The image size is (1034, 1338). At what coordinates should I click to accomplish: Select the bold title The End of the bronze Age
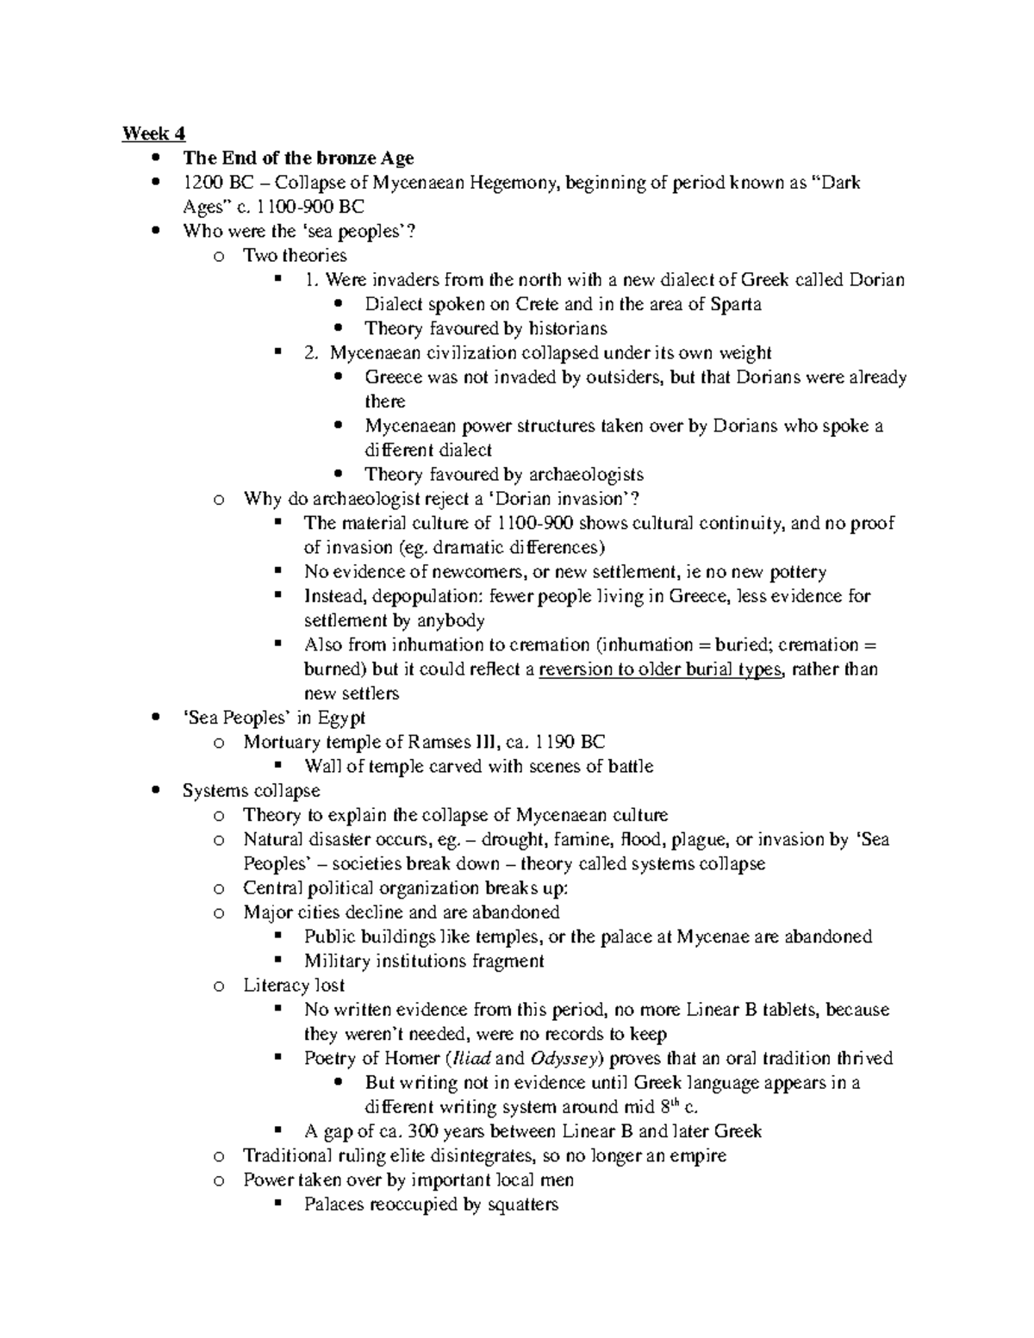[298, 158]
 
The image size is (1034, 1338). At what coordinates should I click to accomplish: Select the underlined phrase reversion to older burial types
[661, 669]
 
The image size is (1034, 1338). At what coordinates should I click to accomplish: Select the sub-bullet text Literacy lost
[294, 985]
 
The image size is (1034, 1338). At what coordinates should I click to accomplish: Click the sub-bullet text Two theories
[295, 255]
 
